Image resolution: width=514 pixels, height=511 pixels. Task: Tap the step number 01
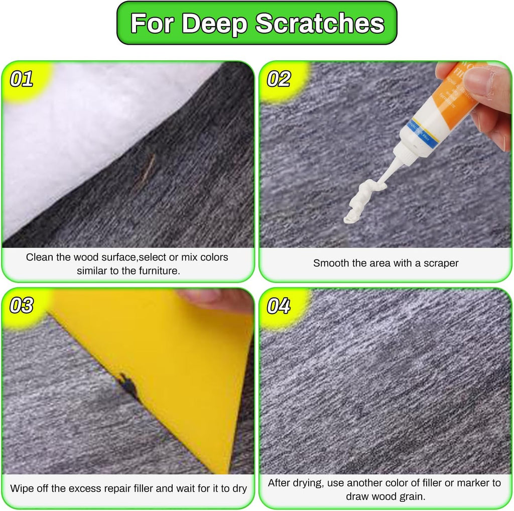click(22, 79)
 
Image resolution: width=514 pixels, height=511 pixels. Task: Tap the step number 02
click(279, 79)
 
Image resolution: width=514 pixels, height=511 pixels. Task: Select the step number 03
click(22, 305)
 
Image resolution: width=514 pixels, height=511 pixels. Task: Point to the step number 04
click(279, 305)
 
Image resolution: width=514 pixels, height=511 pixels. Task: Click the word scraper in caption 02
click(441, 263)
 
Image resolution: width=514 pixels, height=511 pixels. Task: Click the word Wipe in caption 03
click(22, 488)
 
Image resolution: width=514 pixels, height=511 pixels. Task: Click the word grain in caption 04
click(414, 496)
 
